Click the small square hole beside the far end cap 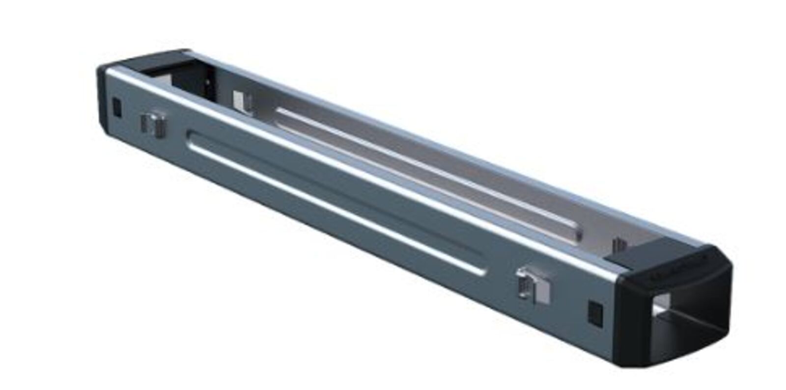116,107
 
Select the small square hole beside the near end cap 595,313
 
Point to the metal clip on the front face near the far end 152,124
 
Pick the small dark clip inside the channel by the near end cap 618,244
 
